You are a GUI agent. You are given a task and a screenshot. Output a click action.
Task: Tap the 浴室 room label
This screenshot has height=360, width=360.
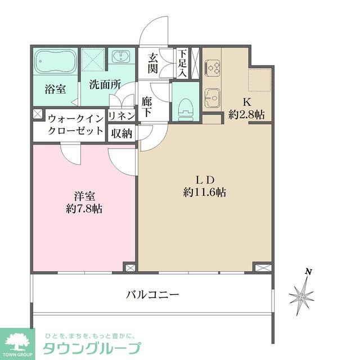[x=55, y=88]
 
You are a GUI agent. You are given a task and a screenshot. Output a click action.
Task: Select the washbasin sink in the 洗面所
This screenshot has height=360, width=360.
[x=120, y=57]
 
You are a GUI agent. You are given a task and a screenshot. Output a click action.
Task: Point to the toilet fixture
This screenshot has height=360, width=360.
[x=183, y=106]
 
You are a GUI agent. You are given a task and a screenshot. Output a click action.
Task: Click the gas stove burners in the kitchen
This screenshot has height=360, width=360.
[x=213, y=68]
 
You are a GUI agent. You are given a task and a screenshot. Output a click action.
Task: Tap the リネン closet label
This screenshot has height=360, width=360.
[x=121, y=115]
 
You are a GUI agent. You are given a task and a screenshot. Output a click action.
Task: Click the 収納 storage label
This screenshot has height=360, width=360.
[x=121, y=133]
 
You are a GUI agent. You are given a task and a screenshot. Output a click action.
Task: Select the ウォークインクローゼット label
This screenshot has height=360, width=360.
[x=75, y=125]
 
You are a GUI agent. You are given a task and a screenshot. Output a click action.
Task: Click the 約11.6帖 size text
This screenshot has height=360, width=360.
[x=205, y=191]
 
